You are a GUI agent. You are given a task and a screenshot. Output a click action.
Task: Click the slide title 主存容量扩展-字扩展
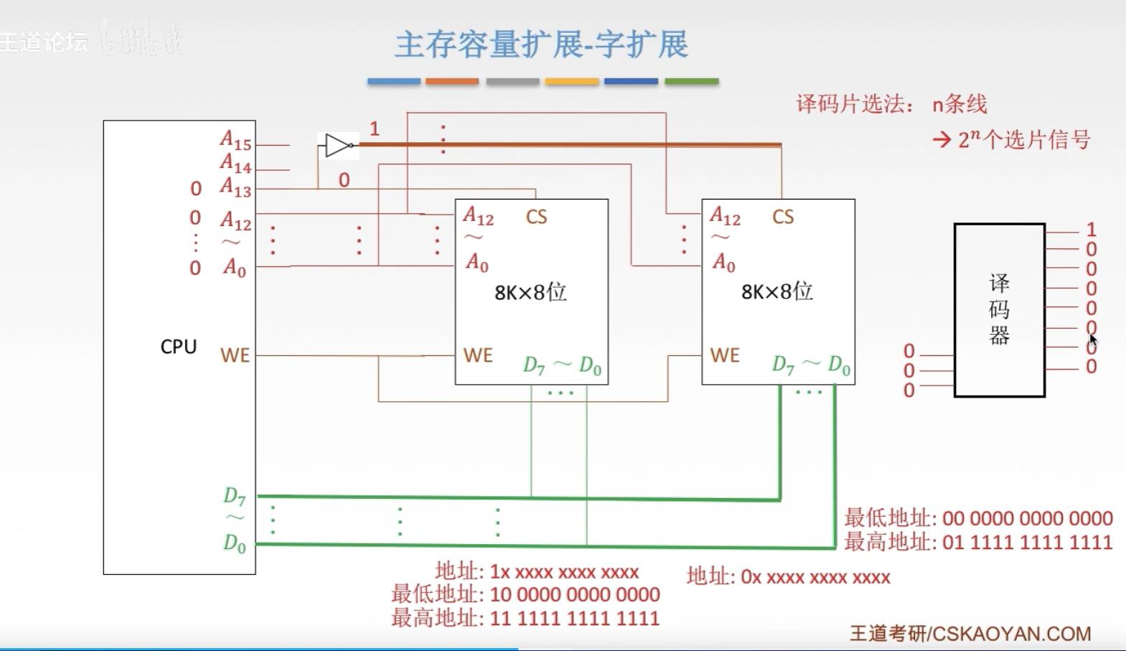[x=541, y=45]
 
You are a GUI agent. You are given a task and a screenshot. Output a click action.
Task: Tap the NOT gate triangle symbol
[x=337, y=146]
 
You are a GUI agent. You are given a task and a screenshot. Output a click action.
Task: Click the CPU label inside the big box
[x=178, y=347]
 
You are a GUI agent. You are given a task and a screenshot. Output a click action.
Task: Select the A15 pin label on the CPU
[x=235, y=141]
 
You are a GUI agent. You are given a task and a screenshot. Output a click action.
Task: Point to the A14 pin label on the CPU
[x=235, y=164]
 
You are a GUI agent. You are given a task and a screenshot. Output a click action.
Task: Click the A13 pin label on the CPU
[x=235, y=188]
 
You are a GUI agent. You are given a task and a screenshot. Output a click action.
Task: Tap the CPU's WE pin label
[x=235, y=355]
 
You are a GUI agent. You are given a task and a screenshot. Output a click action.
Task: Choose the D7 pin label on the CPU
[x=235, y=496]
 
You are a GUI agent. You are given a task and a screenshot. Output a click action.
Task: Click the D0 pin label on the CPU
[x=235, y=543]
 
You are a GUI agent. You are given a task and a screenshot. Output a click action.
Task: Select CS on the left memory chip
[x=536, y=217]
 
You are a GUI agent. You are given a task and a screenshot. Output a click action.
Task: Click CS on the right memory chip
[x=783, y=217]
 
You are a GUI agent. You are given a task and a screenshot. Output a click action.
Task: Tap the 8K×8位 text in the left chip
[x=530, y=292]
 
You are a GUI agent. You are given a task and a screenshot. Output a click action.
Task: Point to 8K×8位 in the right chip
[x=777, y=291]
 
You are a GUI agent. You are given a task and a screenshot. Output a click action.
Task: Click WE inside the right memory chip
[x=725, y=355]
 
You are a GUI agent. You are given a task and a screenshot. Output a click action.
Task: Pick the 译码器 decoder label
[x=999, y=309]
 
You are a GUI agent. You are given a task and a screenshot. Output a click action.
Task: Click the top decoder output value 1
[x=1091, y=230]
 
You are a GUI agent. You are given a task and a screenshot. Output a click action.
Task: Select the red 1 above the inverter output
[x=374, y=129]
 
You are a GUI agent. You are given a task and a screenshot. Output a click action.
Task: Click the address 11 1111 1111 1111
[x=574, y=618]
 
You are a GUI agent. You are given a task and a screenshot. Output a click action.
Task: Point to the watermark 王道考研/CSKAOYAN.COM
[x=970, y=633]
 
